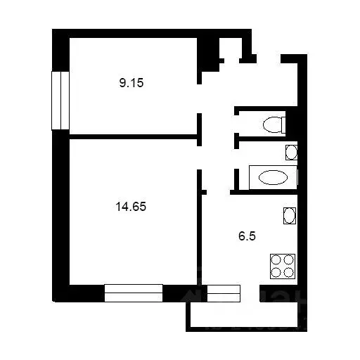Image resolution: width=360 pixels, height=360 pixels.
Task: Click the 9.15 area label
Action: [131, 83]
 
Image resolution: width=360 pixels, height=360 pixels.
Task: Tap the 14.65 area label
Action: [131, 207]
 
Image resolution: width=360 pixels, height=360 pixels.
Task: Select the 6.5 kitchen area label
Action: [247, 236]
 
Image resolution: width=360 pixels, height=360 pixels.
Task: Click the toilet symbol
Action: [274, 124]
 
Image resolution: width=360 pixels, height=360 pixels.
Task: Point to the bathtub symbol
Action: [274, 177]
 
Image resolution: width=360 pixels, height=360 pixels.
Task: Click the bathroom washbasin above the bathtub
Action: [291, 153]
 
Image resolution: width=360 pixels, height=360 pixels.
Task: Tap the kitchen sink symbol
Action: [290, 216]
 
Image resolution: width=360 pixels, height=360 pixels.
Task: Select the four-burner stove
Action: [283, 266]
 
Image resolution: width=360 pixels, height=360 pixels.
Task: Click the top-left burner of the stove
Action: [276, 259]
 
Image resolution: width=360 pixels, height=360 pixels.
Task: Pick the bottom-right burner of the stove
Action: [288, 272]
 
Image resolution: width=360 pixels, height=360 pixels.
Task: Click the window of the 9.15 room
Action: [60, 101]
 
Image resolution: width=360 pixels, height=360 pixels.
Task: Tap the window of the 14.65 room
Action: [134, 293]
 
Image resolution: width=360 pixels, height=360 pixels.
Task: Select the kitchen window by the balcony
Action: [224, 293]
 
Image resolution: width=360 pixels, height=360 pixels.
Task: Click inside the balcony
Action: [244, 314]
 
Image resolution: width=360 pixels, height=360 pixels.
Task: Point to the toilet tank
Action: [283, 124]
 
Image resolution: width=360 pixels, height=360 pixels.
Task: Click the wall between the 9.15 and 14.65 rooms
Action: [134, 137]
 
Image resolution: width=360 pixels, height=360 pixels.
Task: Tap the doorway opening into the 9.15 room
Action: [199, 98]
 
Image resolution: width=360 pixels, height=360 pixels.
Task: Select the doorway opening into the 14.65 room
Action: [199, 157]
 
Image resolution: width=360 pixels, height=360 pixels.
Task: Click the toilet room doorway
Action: [237, 124]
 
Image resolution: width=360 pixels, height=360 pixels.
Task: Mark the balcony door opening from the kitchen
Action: [250, 293]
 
